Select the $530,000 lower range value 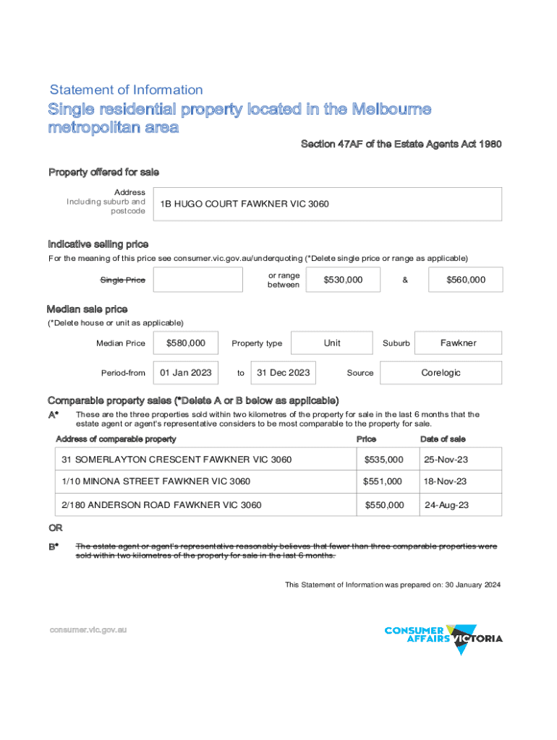[x=343, y=280]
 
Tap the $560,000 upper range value [x=465, y=280]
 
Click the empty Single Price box [x=198, y=280]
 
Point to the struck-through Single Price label [x=122, y=280]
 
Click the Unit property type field [x=332, y=343]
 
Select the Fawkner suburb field [x=459, y=343]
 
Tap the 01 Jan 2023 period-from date [x=186, y=373]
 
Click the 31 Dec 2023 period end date [x=284, y=373]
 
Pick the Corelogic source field [x=441, y=373]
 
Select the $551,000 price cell [x=383, y=481]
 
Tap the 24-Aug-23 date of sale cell [x=446, y=505]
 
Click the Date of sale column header [x=443, y=439]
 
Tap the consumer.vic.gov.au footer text [x=88, y=629]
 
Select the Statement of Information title [x=127, y=90]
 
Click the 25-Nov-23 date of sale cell [x=446, y=460]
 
